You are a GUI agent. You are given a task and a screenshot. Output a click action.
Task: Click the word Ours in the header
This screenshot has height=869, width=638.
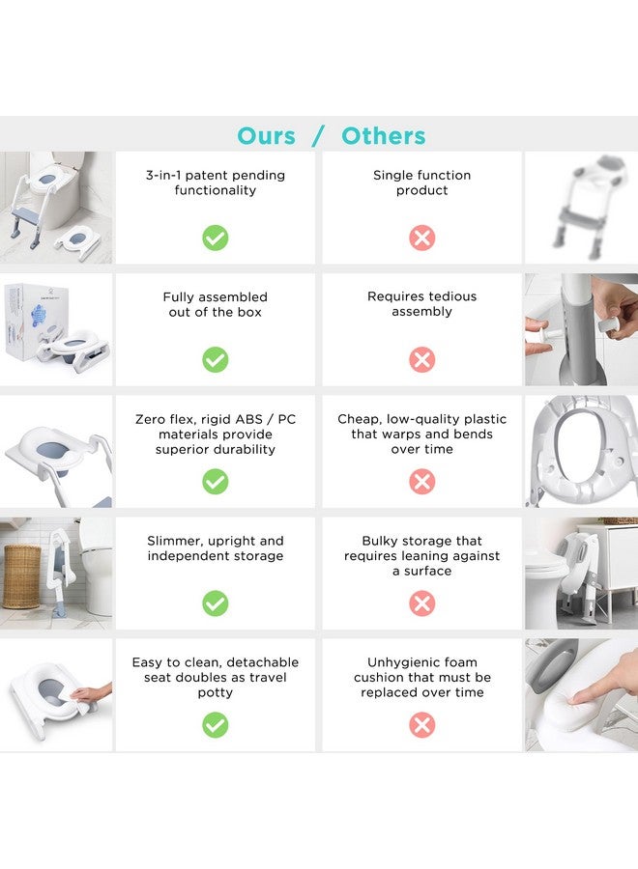266,136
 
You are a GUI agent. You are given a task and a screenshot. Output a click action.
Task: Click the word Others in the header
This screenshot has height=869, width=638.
384,136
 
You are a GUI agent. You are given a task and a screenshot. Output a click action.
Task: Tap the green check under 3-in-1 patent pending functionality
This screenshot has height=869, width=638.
216,238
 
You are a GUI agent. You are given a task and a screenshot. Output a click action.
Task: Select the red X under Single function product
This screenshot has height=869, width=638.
422,238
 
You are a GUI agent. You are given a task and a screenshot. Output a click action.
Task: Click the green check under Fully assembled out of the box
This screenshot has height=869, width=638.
216,360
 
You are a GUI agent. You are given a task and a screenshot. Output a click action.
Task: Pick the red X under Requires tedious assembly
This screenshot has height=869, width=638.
422,360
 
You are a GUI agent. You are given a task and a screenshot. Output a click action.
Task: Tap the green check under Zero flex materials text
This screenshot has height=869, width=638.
216,482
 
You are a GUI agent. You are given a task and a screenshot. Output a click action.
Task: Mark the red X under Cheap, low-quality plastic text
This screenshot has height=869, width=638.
422,482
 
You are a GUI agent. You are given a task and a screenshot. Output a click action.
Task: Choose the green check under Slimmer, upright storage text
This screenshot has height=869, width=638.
216,603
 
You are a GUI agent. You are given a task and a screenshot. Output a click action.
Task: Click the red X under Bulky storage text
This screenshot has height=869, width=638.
422,603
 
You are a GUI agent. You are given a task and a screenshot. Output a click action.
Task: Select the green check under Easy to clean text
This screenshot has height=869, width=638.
216,725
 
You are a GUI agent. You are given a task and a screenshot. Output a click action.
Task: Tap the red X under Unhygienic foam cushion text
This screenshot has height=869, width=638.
422,725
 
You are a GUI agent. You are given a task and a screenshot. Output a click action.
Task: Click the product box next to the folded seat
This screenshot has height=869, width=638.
36,322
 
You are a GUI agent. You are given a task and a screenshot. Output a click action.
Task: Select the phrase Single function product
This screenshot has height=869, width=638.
422,182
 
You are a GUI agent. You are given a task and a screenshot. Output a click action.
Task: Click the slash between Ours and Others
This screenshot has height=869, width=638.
318,136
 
